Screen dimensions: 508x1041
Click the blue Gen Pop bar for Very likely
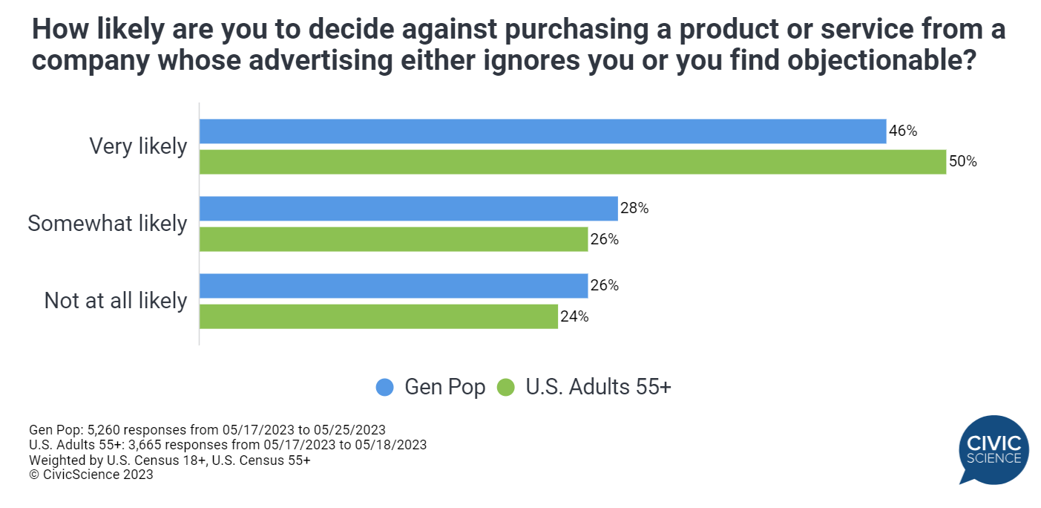(x=542, y=131)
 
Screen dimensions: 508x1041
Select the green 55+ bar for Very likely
(x=572, y=162)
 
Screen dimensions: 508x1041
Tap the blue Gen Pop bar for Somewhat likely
(x=408, y=209)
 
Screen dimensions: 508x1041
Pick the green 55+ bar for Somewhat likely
(x=393, y=239)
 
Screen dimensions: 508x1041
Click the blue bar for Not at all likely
(x=393, y=286)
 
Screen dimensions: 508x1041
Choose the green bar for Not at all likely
(x=378, y=316)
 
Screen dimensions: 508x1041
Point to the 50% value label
(x=962, y=162)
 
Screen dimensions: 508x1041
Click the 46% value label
(x=903, y=131)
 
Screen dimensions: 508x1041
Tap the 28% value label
(x=634, y=209)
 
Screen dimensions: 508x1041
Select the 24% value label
(x=574, y=316)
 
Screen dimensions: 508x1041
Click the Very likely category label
(x=138, y=146)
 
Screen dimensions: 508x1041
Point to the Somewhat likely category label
(x=108, y=224)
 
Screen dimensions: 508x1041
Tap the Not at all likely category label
(x=116, y=301)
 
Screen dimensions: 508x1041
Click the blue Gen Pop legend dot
(x=385, y=387)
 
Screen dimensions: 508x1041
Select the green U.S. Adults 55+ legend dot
(x=506, y=387)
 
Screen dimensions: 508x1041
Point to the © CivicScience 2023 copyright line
(x=91, y=475)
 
